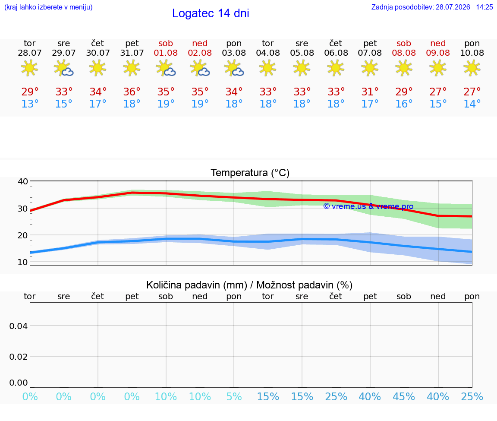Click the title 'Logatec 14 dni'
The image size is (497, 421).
pyautogui.click(x=211, y=13)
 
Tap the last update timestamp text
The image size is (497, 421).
pyautogui.click(x=432, y=7)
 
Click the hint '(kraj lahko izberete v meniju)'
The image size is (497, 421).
pyautogui.click(x=48, y=7)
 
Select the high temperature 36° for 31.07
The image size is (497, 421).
pyautogui.click(x=132, y=92)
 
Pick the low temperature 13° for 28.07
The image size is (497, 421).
pyautogui.click(x=30, y=104)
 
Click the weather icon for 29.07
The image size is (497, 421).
pyautogui.click(x=64, y=68)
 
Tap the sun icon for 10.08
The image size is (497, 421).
pyautogui.click(x=472, y=68)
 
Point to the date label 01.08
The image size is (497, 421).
pyautogui.click(x=166, y=53)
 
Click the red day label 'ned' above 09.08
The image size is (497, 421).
pyautogui.click(x=438, y=43)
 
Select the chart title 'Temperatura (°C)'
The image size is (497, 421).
pyautogui.click(x=250, y=173)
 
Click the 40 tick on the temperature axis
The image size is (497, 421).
pyautogui.click(x=23, y=181)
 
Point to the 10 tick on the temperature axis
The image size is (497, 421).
pyautogui.click(x=23, y=262)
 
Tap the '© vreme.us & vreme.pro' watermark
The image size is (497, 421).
pyautogui.click(x=368, y=206)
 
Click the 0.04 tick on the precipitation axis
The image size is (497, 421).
pyautogui.click(x=19, y=326)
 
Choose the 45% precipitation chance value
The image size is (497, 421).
pyautogui.click(x=404, y=396)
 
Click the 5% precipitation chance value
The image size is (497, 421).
pyautogui.click(x=234, y=396)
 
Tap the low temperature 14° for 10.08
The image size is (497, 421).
pyautogui.click(x=472, y=104)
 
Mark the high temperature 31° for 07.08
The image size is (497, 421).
pyautogui.click(x=370, y=92)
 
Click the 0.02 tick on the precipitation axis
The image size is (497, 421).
pyautogui.click(x=19, y=357)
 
